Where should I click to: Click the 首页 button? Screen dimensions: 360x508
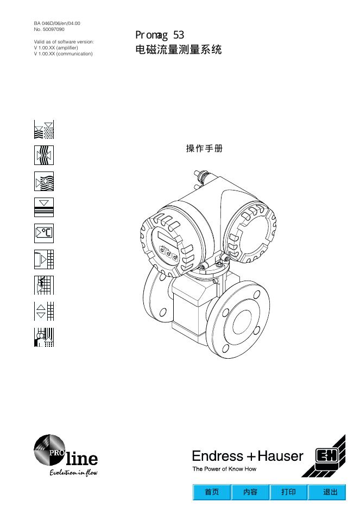[x=212, y=492]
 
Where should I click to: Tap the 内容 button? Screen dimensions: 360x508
[x=250, y=492]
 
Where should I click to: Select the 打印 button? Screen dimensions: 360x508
[x=288, y=492]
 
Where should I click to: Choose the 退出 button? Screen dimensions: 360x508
[x=327, y=492]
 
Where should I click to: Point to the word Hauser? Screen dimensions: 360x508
[x=280, y=456]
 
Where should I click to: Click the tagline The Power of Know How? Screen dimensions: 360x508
[x=224, y=469]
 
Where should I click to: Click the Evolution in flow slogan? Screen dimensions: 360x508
[x=73, y=473]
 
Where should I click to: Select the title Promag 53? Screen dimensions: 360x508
[x=160, y=35]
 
